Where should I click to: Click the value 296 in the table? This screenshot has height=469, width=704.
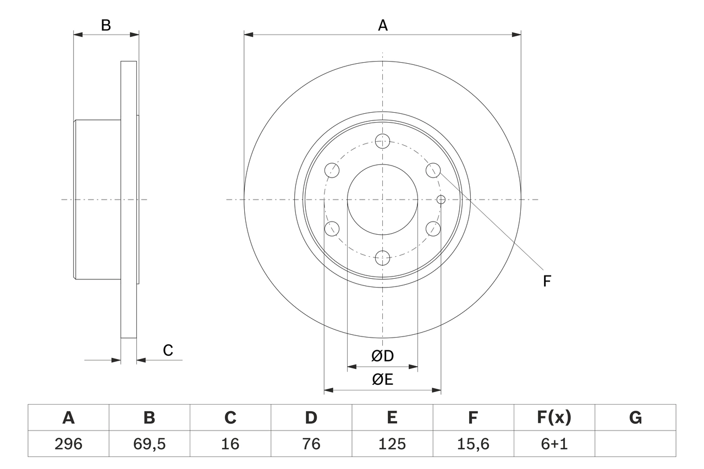point(68,444)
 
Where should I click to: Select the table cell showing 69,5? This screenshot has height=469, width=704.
point(149,444)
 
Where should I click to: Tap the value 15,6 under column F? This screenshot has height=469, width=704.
point(472,444)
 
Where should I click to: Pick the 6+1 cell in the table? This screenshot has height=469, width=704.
point(554,444)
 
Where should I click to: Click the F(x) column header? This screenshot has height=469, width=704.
point(554,418)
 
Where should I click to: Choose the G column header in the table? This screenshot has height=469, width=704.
point(635,418)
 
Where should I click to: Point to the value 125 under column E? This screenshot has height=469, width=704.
point(392,444)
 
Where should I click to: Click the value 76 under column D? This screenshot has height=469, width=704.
point(311,444)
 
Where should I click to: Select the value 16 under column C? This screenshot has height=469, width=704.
point(230,444)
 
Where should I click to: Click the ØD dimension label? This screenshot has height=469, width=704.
point(383,356)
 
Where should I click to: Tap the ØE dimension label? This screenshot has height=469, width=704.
point(383,380)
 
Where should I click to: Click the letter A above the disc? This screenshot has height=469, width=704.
point(383,25)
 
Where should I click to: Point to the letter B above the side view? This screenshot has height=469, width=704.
point(106,25)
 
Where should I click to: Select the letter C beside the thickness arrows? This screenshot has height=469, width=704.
point(168,350)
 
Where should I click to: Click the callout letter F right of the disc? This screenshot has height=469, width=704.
point(547,282)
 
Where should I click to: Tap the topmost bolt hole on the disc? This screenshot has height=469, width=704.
point(382,141)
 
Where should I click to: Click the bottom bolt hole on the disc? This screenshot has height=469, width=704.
point(382,257)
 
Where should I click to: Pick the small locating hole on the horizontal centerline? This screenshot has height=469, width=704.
point(440,199)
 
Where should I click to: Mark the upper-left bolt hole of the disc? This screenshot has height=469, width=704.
point(332,170)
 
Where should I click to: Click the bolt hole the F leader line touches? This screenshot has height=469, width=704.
point(433,170)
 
